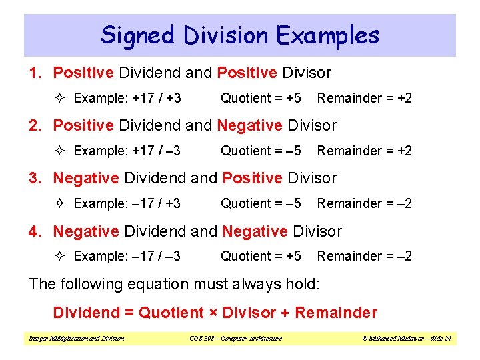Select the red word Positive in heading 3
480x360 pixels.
tap(253, 178)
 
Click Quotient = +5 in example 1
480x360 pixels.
tap(261, 98)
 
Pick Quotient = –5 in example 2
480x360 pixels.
tap(261, 151)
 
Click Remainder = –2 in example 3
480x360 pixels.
tap(365, 203)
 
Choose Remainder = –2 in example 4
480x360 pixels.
tap(365, 256)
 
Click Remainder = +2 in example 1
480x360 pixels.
tap(365, 98)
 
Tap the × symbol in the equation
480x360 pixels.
tap(213, 313)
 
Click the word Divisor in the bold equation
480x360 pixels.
tap(249, 313)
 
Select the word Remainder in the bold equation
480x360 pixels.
tap(336, 313)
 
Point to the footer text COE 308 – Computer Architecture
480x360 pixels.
tap(231, 339)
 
